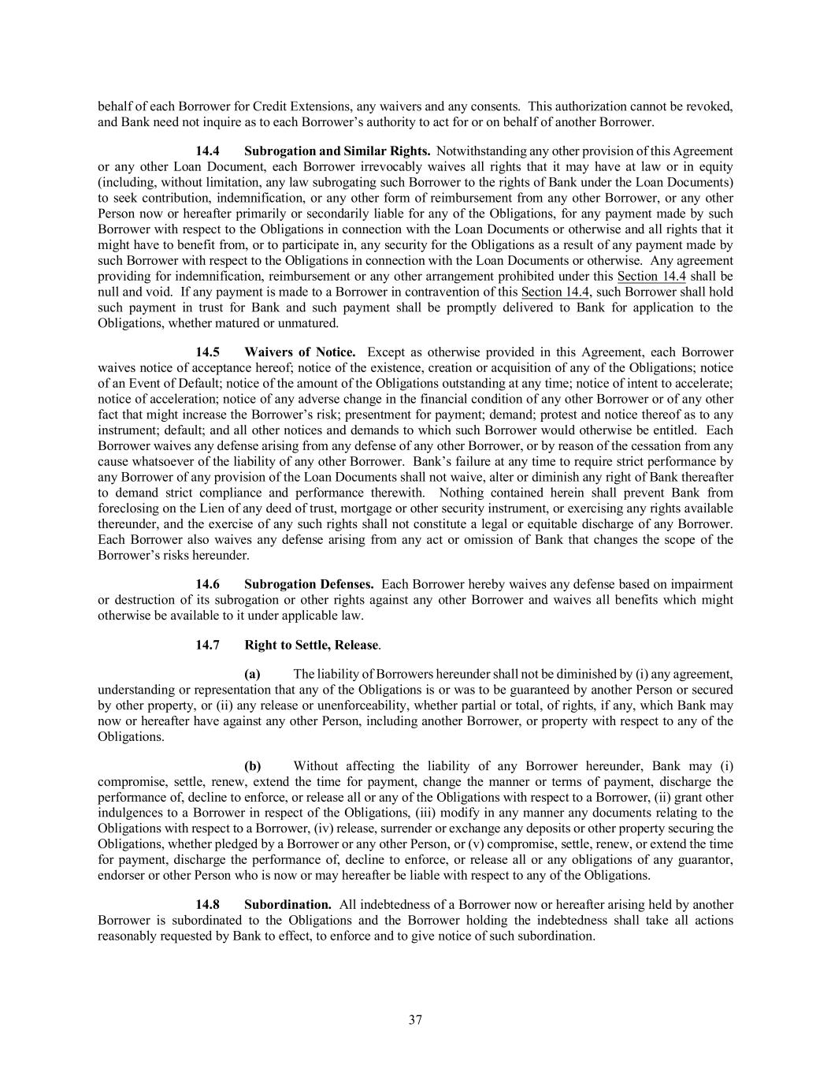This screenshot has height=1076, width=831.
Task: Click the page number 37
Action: tap(415, 1020)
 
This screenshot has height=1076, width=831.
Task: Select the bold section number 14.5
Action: tap(208, 352)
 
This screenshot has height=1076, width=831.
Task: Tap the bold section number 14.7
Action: tap(208, 645)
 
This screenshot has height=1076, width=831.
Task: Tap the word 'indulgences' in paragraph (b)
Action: tap(128, 813)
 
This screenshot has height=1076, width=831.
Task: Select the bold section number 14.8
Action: tap(208, 904)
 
